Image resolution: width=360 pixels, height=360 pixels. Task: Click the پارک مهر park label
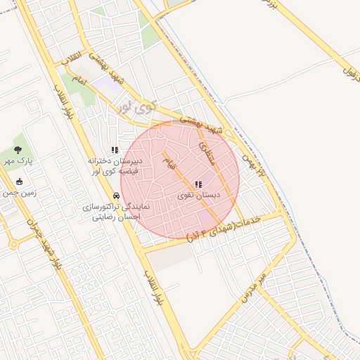[x=20, y=161]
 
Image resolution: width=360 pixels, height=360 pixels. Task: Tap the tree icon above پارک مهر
[x=18, y=149]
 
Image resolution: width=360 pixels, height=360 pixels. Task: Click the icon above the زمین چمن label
[x=18, y=181]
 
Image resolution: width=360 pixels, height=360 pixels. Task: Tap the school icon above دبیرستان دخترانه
[x=115, y=150]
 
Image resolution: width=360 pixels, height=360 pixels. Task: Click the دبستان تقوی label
[x=198, y=195]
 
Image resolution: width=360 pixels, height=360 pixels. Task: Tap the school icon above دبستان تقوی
[x=198, y=184]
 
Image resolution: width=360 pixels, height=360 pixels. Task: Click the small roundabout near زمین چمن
[x=13, y=245]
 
